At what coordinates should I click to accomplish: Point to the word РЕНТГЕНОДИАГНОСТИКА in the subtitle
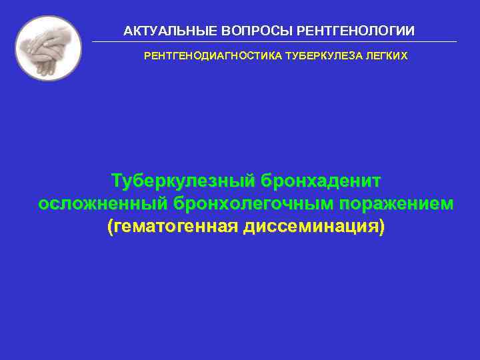click(213, 57)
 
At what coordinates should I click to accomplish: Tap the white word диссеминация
click(311, 226)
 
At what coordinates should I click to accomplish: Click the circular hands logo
click(48, 48)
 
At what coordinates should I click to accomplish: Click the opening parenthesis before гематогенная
click(110, 227)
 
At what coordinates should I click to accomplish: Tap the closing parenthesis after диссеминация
click(382, 227)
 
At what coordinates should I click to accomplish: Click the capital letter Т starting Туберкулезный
click(117, 181)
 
